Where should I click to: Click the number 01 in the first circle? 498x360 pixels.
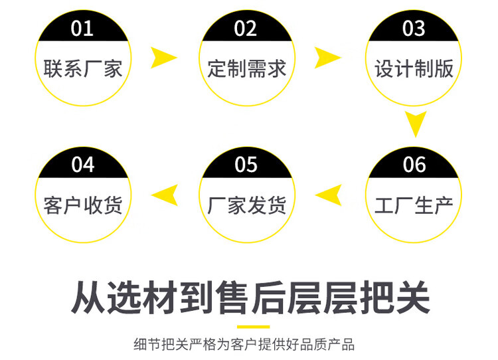tap(82, 29)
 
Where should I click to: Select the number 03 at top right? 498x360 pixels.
tap(414, 29)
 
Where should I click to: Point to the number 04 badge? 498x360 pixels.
tap(82, 164)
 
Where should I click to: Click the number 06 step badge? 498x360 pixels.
tap(414, 164)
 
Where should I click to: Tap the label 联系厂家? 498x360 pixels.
tap(83, 68)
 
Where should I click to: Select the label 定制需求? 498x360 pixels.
tap(246, 68)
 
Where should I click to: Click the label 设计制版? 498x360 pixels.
tap(414, 68)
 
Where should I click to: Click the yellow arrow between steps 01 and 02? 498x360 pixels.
tap(163, 58)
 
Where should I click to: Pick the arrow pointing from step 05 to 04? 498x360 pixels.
tap(165, 195)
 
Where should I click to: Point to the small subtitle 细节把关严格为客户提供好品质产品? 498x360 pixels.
tap(244, 344)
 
